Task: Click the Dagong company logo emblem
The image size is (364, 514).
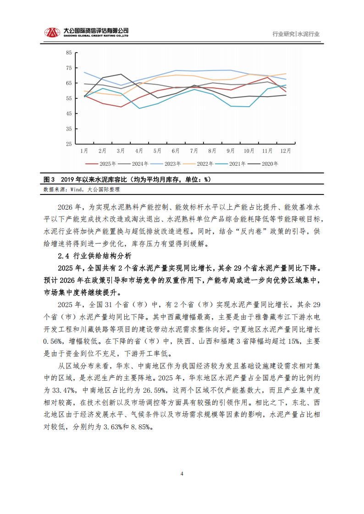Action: pos(52,33)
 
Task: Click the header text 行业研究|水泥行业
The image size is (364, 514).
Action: pos(296,34)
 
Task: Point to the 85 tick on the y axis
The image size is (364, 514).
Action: pos(69,53)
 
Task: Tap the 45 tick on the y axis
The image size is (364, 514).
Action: pos(69,114)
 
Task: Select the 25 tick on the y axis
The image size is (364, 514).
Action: pos(69,144)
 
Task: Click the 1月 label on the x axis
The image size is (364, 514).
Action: pos(84,151)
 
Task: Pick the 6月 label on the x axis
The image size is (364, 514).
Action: pos(176,151)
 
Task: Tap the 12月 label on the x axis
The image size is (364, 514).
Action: pos(285,151)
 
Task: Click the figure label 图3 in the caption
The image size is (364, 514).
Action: pos(49,179)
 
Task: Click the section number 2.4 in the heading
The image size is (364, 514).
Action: pos(63,255)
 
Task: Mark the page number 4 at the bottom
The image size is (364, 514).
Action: pos(182,474)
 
